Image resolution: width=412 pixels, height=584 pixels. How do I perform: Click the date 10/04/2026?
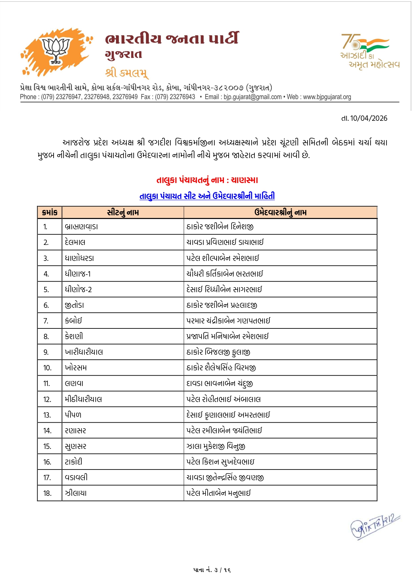(368, 118)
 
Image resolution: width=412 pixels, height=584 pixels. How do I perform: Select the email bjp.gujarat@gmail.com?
(253, 97)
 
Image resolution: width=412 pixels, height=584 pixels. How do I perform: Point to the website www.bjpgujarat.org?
(327, 97)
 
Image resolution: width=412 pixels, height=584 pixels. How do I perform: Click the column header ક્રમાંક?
(50, 212)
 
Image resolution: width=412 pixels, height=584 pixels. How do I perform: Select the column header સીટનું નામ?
(123, 212)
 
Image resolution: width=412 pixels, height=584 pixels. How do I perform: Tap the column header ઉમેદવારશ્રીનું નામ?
(280, 212)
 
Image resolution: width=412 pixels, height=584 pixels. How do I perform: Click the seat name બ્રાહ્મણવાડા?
(81, 227)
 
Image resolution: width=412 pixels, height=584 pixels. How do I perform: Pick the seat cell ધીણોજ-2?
(78, 290)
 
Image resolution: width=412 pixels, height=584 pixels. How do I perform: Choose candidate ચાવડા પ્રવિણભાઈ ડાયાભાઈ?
(225, 242)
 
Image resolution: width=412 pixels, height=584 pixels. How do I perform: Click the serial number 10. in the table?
(47, 368)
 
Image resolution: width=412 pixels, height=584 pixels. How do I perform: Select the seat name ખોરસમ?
(76, 368)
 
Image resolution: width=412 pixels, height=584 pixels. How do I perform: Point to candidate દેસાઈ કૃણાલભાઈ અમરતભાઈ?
(228, 415)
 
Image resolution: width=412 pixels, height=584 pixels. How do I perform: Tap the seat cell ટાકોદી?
(73, 462)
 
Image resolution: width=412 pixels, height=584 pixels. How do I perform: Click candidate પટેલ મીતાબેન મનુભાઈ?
(218, 493)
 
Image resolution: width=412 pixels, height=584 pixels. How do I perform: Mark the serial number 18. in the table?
(47, 493)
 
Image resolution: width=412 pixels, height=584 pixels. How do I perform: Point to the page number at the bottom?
(212, 570)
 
